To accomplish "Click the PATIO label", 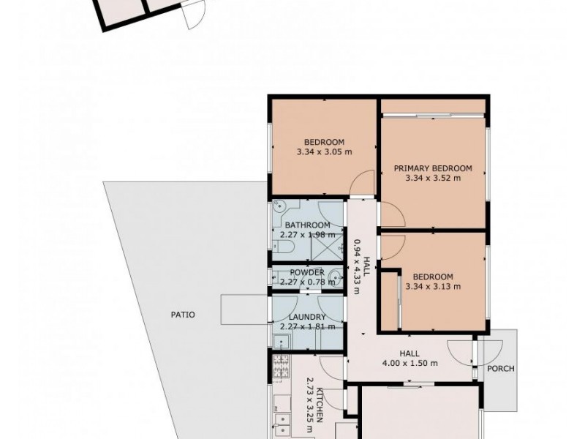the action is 183,315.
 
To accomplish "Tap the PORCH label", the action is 501,369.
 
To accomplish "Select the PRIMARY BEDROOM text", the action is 433,168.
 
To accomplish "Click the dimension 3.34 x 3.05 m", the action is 324,152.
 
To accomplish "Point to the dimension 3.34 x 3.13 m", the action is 433,287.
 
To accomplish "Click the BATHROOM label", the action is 307,225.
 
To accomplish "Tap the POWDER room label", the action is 307,272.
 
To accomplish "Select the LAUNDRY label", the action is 307,318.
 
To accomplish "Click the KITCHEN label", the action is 320,405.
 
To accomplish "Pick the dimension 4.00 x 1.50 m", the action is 409,363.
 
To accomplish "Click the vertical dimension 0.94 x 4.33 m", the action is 356,266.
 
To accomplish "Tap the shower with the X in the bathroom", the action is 327,247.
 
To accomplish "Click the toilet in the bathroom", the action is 284,247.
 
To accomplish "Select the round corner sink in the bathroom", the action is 279,205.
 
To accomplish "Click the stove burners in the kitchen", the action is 281,366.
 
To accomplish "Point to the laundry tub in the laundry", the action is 282,342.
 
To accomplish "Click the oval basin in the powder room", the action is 337,277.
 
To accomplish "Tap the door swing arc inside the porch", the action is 490,353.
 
